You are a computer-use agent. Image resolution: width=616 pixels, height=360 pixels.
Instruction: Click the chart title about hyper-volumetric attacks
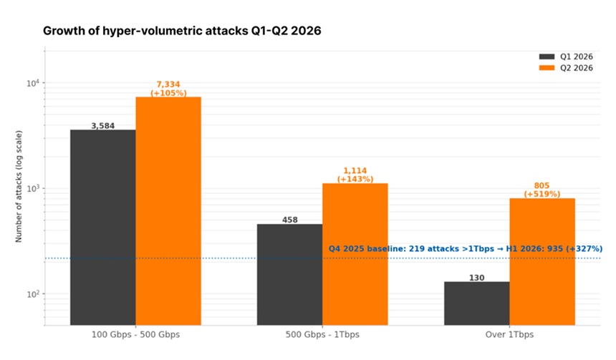(182, 31)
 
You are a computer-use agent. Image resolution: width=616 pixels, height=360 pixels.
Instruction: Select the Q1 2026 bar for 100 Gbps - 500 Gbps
(103, 228)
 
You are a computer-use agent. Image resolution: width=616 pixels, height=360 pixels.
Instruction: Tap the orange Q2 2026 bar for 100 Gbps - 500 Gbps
(168, 211)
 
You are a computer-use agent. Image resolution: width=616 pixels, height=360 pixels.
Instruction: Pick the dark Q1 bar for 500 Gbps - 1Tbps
(290, 274)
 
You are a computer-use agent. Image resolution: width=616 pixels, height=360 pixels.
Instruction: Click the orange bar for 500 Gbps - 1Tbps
(355, 254)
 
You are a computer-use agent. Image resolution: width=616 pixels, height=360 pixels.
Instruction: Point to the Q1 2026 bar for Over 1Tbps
(477, 303)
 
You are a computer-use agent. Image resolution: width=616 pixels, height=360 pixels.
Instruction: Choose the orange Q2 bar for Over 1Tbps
(542, 261)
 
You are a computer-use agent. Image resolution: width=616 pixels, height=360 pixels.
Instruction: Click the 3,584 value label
(103, 126)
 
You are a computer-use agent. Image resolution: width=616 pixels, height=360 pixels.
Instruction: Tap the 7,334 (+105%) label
(168, 89)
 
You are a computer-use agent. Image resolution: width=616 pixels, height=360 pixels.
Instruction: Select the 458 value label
(290, 220)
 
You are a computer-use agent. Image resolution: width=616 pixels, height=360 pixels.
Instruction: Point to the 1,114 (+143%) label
(355, 175)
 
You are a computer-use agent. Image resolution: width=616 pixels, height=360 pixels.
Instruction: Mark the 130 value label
(476, 278)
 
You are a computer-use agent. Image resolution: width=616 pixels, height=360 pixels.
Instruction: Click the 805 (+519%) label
(542, 190)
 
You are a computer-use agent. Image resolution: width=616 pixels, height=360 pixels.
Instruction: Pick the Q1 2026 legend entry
(566, 57)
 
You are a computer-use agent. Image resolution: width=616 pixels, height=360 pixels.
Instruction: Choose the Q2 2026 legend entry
(566, 68)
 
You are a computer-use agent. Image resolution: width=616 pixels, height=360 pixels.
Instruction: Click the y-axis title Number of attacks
(19, 186)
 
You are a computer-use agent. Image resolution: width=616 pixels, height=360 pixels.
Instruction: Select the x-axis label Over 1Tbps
(509, 334)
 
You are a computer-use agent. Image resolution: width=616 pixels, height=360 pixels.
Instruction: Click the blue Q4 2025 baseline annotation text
(466, 248)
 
